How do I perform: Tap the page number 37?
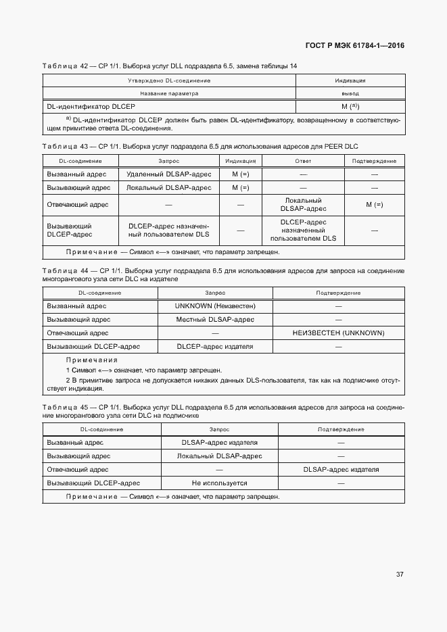[x=400, y=575]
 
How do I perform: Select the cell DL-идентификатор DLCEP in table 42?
[x=91, y=107]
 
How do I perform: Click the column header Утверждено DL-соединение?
[x=169, y=80]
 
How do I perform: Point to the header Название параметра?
[x=169, y=93]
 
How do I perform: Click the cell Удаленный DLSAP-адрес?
[x=169, y=174]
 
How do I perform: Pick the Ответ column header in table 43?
[x=303, y=161]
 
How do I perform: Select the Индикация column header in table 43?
[x=240, y=161]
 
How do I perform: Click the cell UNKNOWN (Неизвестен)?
[x=215, y=306]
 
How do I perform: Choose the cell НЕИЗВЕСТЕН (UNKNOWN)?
[x=338, y=333]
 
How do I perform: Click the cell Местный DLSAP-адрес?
[x=215, y=319]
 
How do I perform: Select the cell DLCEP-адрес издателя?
[x=215, y=346]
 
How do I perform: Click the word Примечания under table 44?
[x=91, y=360]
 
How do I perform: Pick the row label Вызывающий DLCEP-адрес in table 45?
[x=93, y=483]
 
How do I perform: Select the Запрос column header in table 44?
[x=215, y=293]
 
